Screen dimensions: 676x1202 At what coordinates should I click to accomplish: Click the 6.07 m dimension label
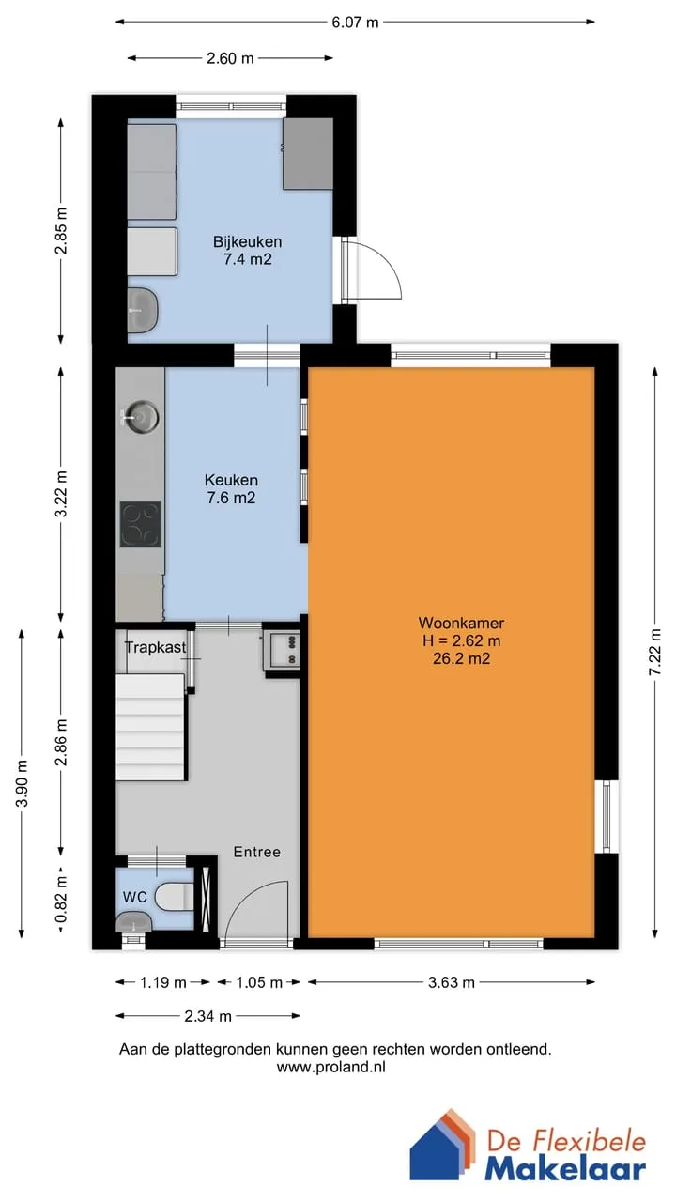click(x=355, y=23)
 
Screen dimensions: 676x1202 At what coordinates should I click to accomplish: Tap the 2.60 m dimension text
click(x=230, y=58)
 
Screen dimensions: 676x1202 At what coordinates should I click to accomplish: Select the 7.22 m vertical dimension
click(x=655, y=653)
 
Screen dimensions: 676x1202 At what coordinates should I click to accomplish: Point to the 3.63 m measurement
click(x=452, y=982)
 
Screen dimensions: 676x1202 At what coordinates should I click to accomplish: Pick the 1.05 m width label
click(x=259, y=982)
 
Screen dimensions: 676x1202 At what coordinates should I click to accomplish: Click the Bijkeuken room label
click(x=247, y=241)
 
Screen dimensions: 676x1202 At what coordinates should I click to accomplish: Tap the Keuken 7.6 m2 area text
click(x=231, y=498)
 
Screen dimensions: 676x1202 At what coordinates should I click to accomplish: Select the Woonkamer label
click(x=461, y=623)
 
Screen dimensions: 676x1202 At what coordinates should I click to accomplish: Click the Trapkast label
click(x=156, y=647)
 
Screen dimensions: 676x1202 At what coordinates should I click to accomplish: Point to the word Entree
click(x=257, y=852)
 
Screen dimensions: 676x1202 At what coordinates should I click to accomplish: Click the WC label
click(x=134, y=897)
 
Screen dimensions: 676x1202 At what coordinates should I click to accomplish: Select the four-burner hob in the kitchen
click(x=140, y=524)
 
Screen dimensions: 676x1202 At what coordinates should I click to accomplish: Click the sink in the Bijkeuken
click(x=142, y=310)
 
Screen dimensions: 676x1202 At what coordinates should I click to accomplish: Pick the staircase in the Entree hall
click(x=151, y=727)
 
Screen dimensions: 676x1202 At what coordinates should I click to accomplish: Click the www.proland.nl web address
click(x=331, y=1068)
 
